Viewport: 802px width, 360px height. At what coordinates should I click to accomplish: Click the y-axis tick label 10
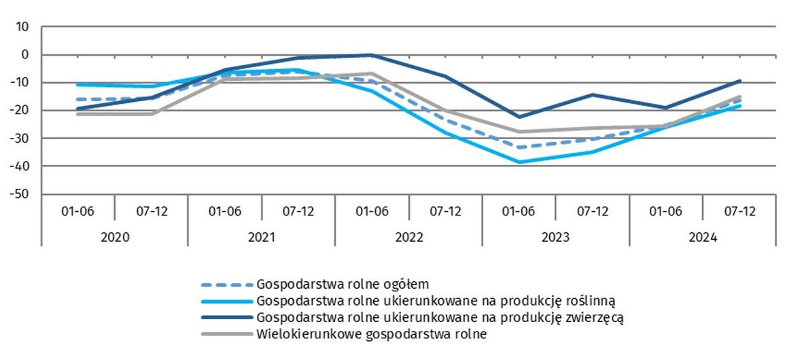24,27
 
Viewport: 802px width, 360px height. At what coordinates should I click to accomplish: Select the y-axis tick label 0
27,55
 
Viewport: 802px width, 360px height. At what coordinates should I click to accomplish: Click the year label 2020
114,238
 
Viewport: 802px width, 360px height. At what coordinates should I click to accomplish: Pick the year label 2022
408,238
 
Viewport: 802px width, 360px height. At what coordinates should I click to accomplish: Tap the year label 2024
703,238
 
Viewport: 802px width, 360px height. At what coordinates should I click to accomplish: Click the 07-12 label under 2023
593,211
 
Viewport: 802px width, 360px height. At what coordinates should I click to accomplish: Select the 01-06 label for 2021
224,211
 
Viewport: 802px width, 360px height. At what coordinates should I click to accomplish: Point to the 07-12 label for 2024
739,211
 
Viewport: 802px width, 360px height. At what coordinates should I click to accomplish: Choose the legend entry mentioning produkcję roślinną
436,300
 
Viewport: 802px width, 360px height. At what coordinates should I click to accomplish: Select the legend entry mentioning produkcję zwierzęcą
440,317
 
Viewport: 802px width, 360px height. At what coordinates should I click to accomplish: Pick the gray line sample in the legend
226,334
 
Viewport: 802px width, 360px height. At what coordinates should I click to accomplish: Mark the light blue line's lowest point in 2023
519,162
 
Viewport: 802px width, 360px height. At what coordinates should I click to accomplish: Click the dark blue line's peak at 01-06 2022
372,55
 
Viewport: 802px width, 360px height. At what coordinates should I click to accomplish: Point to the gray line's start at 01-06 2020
78,114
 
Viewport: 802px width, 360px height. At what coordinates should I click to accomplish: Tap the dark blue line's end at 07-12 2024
739,81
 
